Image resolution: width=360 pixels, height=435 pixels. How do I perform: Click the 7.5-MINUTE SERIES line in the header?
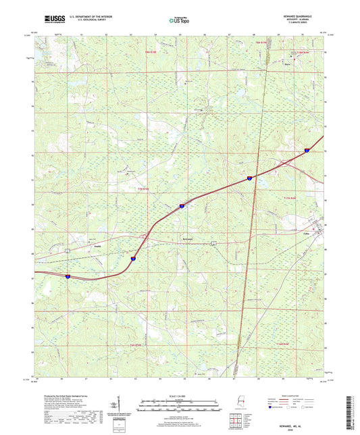[305, 24]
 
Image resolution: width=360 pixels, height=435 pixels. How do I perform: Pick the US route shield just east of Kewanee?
[214, 242]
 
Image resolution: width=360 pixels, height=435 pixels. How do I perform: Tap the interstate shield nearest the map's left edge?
[68, 276]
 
